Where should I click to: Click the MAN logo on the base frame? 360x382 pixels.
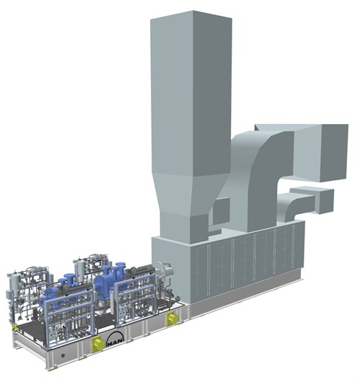click(115, 340)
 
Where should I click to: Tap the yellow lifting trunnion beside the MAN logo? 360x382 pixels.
click(97, 344)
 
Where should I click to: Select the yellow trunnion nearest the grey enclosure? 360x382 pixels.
click(172, 319)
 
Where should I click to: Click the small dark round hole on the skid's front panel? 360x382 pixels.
click(63, 355)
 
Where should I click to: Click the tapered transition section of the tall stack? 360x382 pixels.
click(190, 192)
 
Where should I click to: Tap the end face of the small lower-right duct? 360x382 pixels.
click(326, 201)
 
